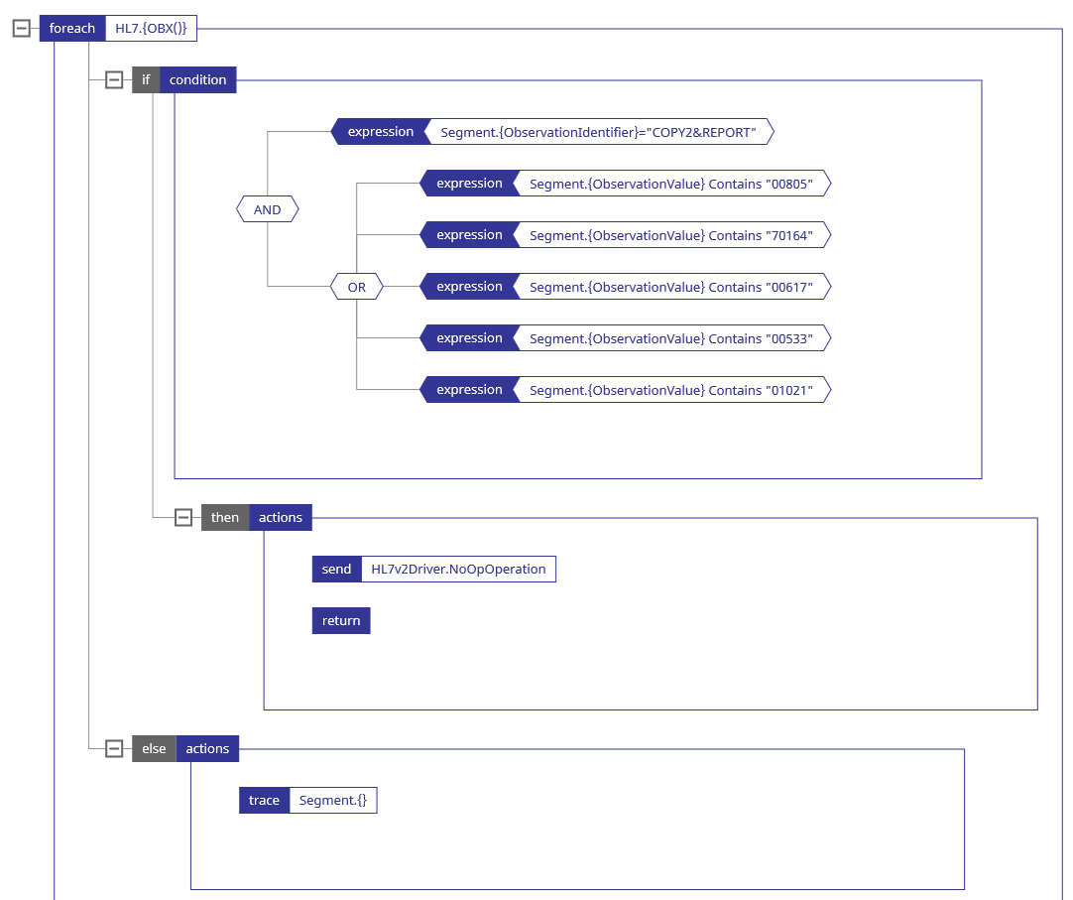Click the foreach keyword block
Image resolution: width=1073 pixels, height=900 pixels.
click(x=72, y=29)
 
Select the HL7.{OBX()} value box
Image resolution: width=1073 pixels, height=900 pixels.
click(x=151, y=29)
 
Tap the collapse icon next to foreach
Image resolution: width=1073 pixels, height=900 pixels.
click(x=22, y=29)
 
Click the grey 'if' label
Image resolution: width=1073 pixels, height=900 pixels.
click(x=146, y=80)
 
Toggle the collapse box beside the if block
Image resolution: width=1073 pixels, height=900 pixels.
click(x=114, y=80)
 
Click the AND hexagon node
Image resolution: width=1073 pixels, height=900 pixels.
click(x=267, y=209)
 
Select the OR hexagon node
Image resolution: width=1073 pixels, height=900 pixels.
click(x=356, y=287)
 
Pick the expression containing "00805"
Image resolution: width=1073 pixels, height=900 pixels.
click(x=670, y=184)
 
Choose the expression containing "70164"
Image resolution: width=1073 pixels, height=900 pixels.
click(x=670, y=235)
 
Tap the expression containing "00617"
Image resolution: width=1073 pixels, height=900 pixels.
click(x=670, y=287)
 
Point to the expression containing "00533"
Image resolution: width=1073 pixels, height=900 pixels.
click(x=670, y=338)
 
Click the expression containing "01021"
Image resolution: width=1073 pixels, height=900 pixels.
click(x=670, y=390)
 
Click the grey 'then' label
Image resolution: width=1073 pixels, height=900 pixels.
click(x=225, y=518)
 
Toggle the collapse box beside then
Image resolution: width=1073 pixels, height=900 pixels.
click(x=182, y=518)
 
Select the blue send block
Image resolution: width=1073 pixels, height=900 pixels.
click(x=336, y=570)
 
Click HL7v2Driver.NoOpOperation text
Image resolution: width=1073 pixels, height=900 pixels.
click(x=458, y=570)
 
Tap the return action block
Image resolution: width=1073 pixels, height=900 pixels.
click(x=341, y=621)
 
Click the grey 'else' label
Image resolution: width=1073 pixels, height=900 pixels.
click(x=154, y=749)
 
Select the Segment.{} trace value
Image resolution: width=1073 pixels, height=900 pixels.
click(x=332, y=801)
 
